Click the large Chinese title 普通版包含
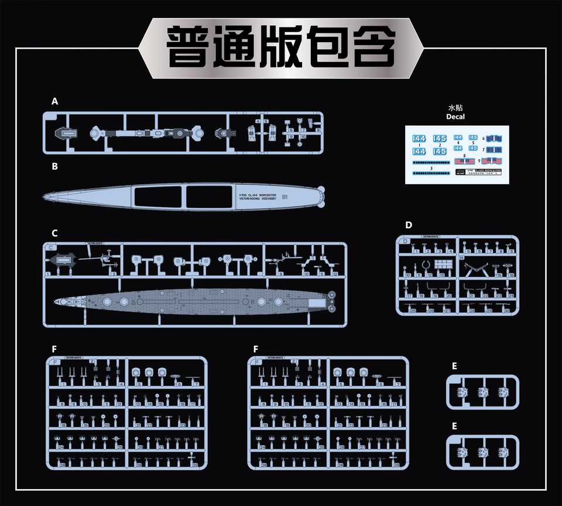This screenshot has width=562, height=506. point(281,46)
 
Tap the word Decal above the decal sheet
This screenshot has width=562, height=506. point(455,116)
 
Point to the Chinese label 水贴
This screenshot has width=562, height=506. point(455,108)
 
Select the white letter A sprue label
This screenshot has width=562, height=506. point(54,101)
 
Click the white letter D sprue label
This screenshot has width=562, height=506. point(409,225)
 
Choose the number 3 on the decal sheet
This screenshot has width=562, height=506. point(431,168)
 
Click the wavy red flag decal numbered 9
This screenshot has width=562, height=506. point(492,160)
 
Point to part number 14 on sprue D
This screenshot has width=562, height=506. point(461,257)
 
